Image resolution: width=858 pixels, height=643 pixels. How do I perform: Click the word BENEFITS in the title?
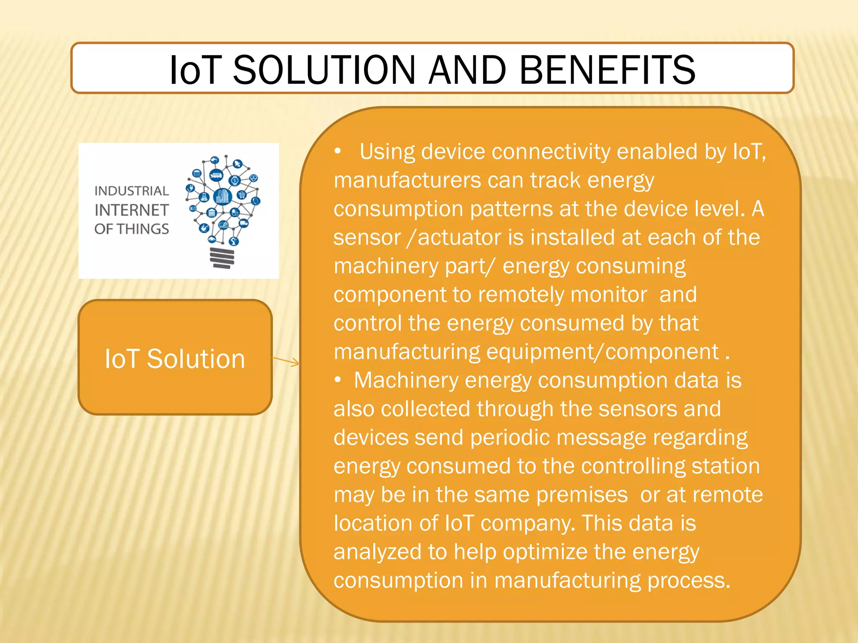pos(607,70)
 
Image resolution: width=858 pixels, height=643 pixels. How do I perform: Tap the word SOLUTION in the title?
pos(324,70)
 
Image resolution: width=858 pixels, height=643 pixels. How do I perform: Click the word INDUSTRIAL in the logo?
pos(132,191)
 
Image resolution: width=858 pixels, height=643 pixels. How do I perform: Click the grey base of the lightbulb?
pos(222,257)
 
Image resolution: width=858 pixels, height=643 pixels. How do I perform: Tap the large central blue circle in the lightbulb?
pos(222,196)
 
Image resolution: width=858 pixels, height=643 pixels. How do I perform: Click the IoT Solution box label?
pos(175,359)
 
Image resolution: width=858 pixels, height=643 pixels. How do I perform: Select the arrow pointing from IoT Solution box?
pos(286,361)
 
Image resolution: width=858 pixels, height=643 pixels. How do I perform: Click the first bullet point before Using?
pos(338,152)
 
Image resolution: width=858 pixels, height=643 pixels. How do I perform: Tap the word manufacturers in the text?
pos(408,180)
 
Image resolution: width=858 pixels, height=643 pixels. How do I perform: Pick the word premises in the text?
pos(582,495)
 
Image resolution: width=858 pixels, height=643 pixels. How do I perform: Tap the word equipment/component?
pos(602,352)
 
